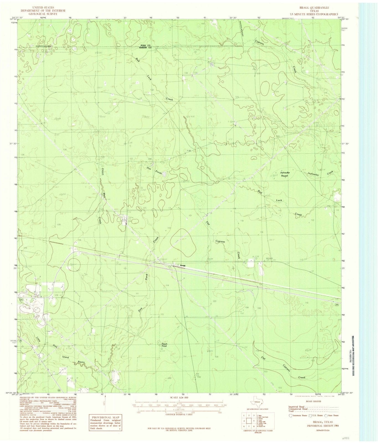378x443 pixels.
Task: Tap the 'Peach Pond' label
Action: [164, 345]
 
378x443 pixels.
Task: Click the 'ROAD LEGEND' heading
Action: [313, 401]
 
